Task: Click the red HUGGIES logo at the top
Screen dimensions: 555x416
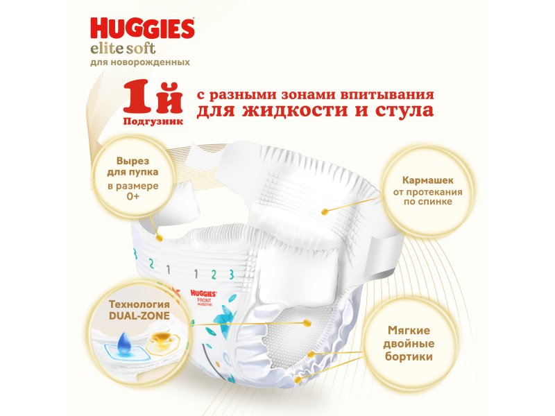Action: pos(143,28)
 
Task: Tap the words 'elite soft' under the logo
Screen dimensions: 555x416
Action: pos(123,48)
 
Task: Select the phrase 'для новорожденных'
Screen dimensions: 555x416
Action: pos(140,62)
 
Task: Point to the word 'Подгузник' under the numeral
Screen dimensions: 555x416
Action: pos(153,121)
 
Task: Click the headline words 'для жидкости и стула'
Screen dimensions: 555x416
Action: pos(315,111)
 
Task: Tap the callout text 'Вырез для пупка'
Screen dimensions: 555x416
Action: pos(133,166)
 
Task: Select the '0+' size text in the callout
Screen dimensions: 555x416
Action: pos(133,196)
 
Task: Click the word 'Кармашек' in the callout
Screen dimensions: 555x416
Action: pos(427,180)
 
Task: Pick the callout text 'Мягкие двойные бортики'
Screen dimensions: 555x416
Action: pos(409,343)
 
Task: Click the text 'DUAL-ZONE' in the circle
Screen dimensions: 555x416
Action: pos(139,315)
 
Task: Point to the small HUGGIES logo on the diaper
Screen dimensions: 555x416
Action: pos(203,293)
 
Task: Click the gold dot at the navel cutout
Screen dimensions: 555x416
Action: pos(160,239)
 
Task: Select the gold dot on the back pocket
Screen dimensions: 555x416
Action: pos(325,212)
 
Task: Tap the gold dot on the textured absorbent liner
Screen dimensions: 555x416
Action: pos(307,323)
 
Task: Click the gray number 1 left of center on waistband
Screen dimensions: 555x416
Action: pos(169,270)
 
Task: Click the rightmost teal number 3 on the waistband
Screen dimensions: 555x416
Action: pos(232,274)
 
